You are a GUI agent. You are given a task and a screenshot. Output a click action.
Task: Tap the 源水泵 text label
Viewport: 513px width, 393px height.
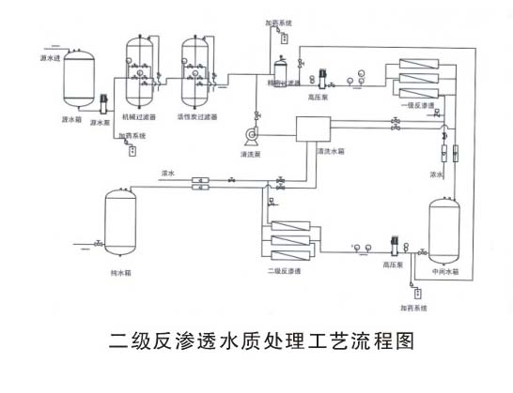coord(101,122)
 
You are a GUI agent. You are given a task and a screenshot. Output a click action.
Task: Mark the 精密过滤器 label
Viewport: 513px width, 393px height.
coord(273,83)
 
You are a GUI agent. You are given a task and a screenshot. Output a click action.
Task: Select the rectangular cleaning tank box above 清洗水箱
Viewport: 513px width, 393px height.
coord(313,128)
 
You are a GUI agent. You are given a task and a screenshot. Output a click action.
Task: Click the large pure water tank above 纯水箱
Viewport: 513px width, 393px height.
coord(119,225)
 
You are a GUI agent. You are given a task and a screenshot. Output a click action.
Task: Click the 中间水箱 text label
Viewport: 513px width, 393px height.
coord(445,271)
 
